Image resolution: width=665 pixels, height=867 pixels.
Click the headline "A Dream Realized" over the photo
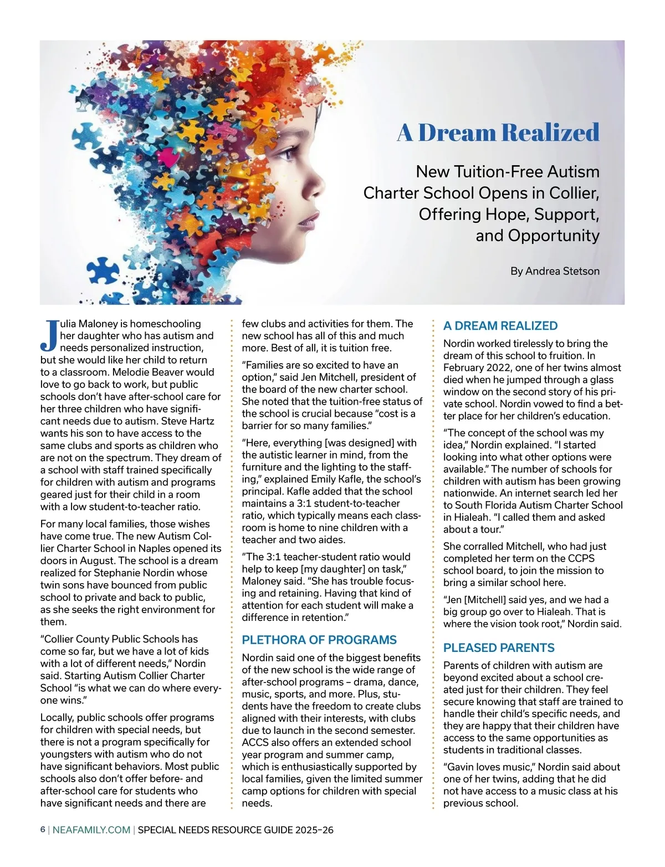(498, 132)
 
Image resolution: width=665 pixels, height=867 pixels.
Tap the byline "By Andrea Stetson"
(555, 271)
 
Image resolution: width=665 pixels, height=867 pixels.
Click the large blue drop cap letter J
(49, 335)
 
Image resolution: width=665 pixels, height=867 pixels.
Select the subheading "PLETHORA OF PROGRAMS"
(319, 640)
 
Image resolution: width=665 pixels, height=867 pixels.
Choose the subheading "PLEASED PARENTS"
(499, 647)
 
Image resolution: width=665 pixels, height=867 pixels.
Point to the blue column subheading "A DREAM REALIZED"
(500, 326)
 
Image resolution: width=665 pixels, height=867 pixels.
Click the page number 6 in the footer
(43, 830)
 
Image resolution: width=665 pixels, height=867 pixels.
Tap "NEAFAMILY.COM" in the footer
(91, 830)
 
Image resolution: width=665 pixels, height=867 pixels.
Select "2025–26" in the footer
(314, 830)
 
